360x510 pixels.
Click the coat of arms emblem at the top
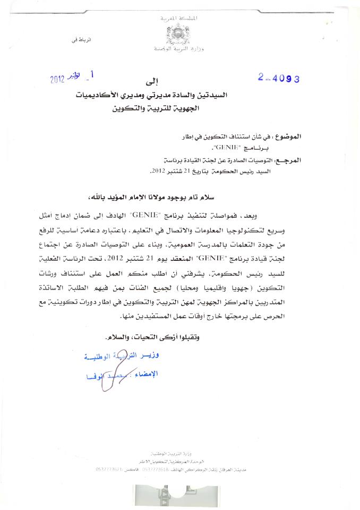(x=177, y=35)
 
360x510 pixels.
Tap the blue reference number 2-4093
(x=279, y=78)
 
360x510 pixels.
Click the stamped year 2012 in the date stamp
(x=57, y=80)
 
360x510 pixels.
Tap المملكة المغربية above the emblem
(x=178, y=18)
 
